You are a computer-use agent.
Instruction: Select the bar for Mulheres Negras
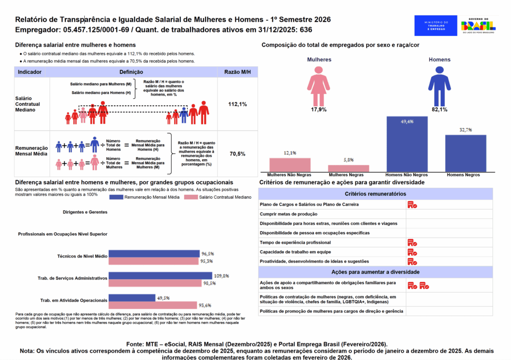point(348,168)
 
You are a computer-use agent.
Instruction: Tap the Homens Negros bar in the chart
point(466,153)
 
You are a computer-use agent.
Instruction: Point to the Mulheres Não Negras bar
point(290,165)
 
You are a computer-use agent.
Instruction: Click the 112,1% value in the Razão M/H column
point(238,104)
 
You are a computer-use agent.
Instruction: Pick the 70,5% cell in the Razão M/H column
point(238,154)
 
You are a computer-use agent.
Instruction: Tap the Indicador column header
point(30,72)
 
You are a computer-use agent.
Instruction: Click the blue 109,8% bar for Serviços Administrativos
point(160,276)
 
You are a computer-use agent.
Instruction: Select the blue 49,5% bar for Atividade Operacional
point(132,298)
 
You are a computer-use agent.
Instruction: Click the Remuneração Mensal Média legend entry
point(145,197)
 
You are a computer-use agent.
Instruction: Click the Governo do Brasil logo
point(478,25)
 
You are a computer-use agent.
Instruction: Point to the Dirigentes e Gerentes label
point(85,212)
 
